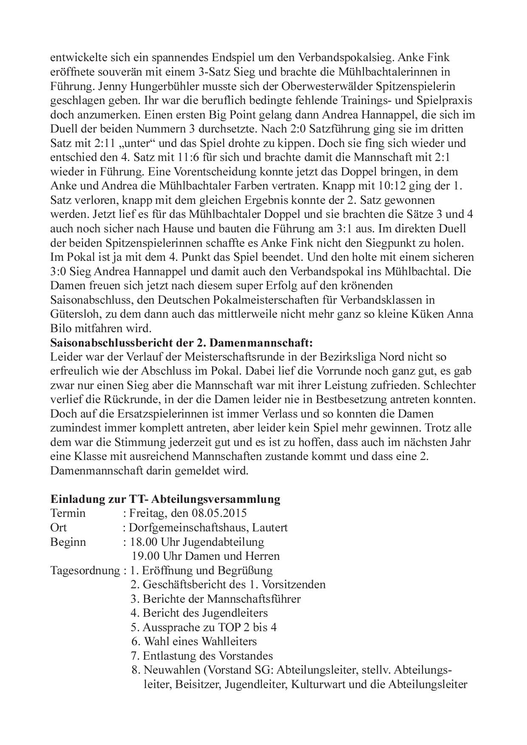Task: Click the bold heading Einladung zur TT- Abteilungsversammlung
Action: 165,499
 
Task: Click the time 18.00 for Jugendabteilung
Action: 144,542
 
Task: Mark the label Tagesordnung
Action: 85,570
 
